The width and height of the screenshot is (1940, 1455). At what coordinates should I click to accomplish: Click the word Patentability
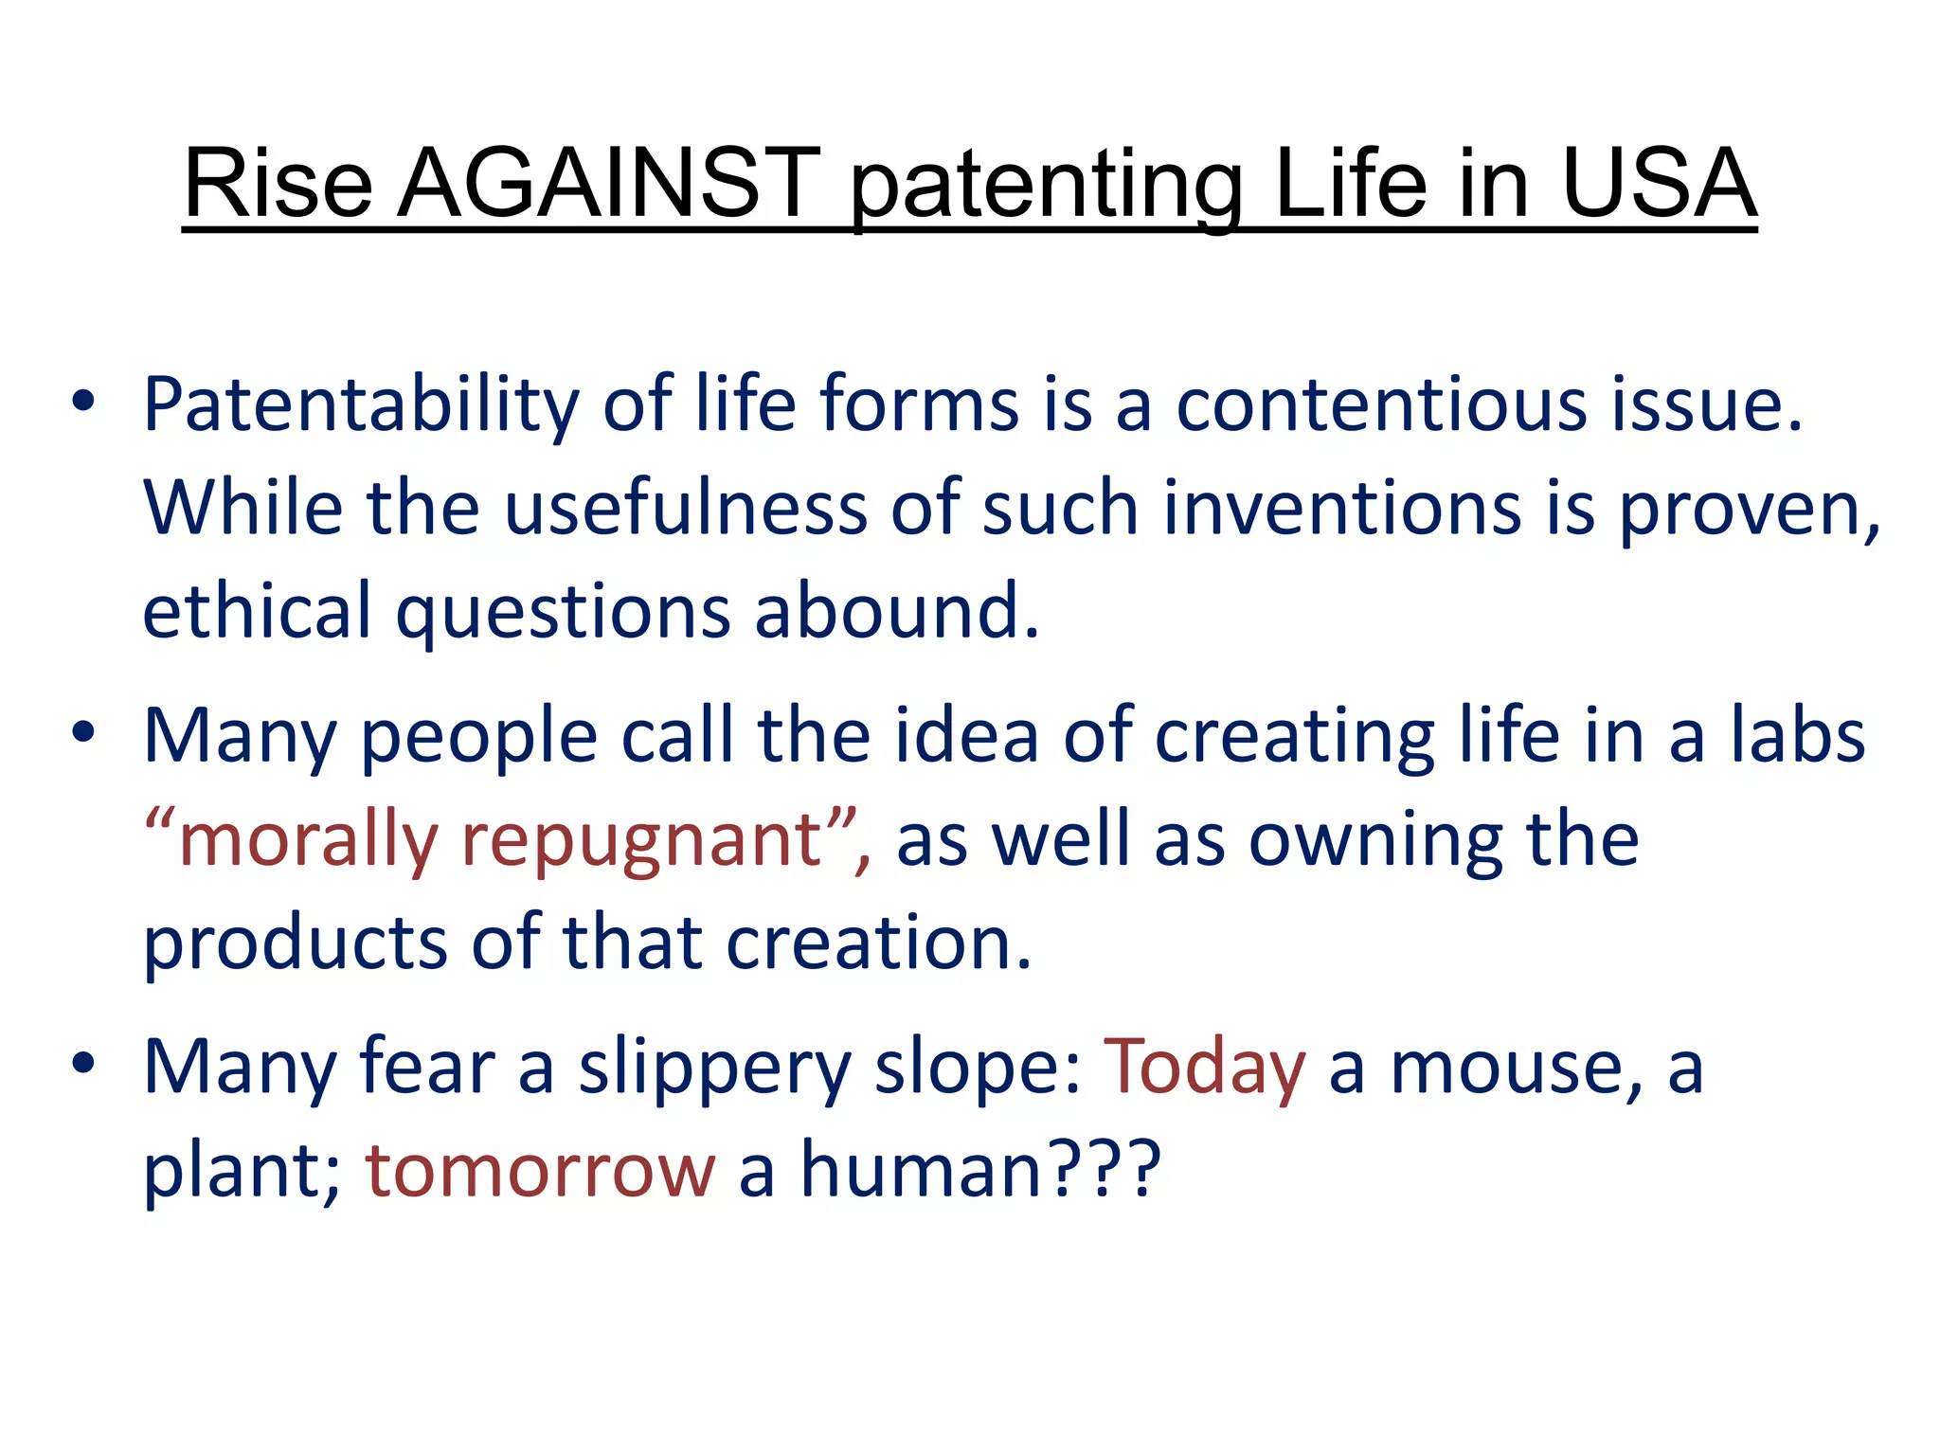[x=360, y=405]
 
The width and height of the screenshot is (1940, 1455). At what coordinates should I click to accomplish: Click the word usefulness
[x=685, y=509]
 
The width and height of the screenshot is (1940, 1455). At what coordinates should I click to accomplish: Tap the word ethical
[x=257, y=611]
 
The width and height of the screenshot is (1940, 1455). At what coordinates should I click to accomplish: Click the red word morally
[x=307, y=841]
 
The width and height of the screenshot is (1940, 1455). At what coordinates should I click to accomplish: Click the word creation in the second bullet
[x=877, y=943]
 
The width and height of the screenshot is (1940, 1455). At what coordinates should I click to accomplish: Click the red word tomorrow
[x=540, y=1171]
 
